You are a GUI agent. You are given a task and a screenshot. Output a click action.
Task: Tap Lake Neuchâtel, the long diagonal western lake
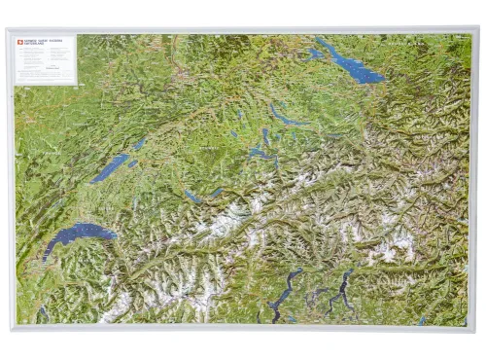tap(111, 167)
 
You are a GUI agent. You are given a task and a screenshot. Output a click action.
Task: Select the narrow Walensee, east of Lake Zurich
tap(334, 136)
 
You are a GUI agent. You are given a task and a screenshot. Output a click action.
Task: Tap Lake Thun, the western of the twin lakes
tap(192, 197)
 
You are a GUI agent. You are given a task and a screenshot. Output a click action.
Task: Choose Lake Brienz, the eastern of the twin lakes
tap(216, 192)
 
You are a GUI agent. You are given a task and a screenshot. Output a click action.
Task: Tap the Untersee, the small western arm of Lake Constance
tap(315, 53)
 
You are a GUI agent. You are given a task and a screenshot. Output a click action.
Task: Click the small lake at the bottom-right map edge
tap(422, 319)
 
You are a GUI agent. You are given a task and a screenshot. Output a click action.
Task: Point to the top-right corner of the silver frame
tap(478, 28)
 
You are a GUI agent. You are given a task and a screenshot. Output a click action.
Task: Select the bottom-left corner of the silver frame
tap(8, 331)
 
